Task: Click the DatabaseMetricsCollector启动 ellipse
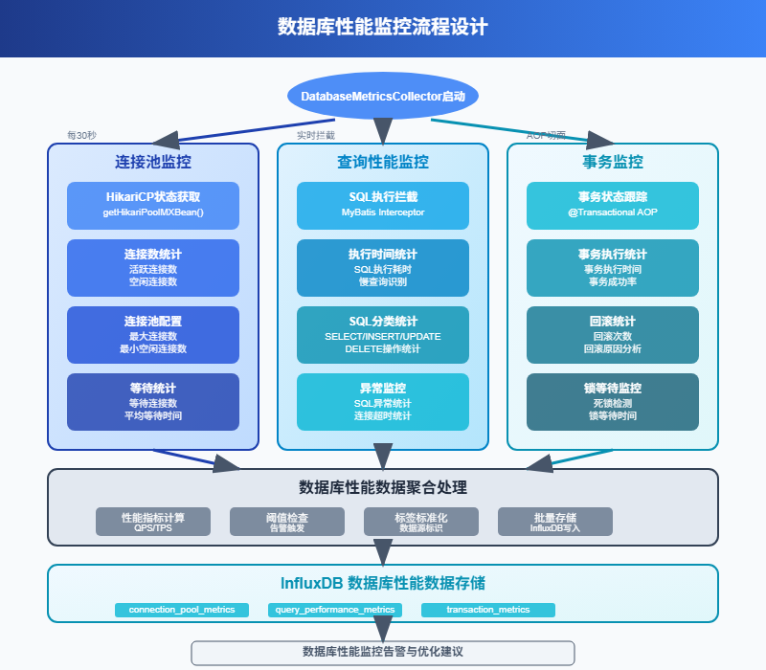click(383, 97)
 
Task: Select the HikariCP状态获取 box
click(153, 205)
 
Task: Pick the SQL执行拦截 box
click(383, 205)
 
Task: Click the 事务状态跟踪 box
click(613, 205)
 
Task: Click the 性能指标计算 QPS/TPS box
click(153, 522)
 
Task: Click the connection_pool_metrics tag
click(182, 610)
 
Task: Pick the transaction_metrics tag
click(488, 610)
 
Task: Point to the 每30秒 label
click(81, 136)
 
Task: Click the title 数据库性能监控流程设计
click(383, 28)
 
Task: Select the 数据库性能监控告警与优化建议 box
click(383, 652)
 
